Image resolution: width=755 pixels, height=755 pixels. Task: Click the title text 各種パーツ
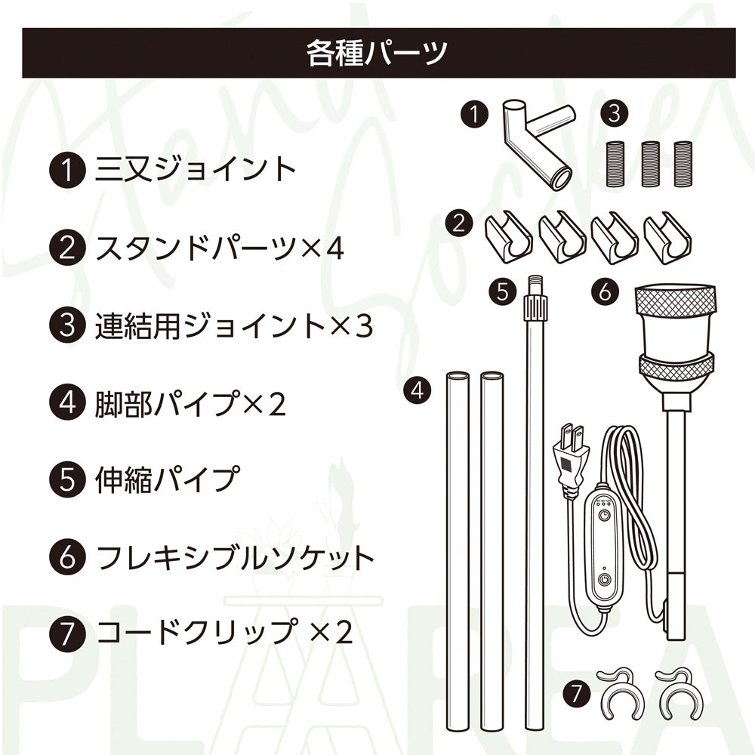click(x=377, y=53)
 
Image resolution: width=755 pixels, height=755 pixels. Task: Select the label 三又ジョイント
click(x=195, y=169)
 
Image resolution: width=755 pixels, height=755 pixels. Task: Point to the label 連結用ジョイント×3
click(x=234, y=325)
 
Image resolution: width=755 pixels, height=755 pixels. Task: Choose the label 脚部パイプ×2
click(x=191, y=403)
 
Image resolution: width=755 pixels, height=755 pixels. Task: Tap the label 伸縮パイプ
click(x=167, y=479)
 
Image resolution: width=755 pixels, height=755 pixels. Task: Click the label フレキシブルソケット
click(x=235, y=557)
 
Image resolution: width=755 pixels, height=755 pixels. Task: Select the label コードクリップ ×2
click(x=224, y=632)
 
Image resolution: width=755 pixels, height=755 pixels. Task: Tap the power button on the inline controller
click(x=604, y=580)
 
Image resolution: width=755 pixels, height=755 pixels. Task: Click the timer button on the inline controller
click(x=604, y=516)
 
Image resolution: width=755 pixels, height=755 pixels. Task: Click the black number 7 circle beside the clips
click(x=577, y=694)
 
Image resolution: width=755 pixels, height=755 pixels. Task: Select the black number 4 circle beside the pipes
click(x=418, y=390)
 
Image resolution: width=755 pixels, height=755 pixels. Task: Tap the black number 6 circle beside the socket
click(x=606, y=291)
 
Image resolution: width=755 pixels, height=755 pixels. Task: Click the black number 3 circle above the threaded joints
click(x=615, y=114)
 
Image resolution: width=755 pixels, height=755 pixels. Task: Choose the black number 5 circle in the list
click(x=67, y=480)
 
